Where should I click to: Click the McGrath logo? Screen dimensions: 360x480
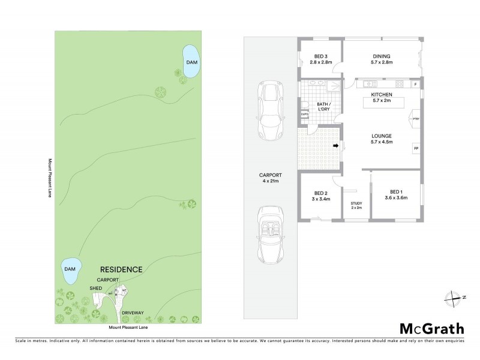coord(432,328)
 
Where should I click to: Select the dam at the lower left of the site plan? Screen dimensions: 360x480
coord(71,272)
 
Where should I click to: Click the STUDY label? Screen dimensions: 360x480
coord(356,205)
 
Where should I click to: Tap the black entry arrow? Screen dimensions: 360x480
coord(336,145)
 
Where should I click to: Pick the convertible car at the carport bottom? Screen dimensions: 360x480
coord(271,235)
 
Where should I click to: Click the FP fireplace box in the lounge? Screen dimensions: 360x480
coord(415,148)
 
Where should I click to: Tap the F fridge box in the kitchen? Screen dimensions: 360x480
coord(415,84)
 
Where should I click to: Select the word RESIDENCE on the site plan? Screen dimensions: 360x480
coord(121,269)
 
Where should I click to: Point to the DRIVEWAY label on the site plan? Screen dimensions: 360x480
coord(131,313)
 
